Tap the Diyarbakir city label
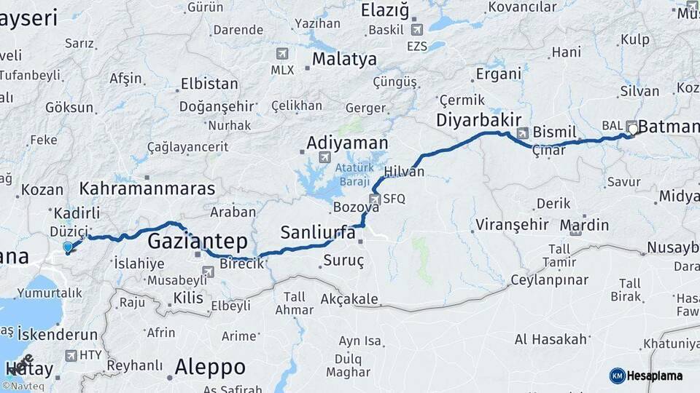click(x=478, y=120)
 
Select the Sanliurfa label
click(x=318, y=233)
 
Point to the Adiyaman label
click(x=347, y=143)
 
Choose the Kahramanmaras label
click(x=147, y=189)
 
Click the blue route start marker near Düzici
click(x=68, y=247)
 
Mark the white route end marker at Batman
click(x=633, y=130)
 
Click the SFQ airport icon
click(x=375, y=198)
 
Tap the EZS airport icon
click(x=416, y=30)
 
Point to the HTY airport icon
click(x=71, y=355)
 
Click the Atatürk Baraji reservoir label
click(x=354, y=173)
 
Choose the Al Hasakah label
click(x=551, y=339)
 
